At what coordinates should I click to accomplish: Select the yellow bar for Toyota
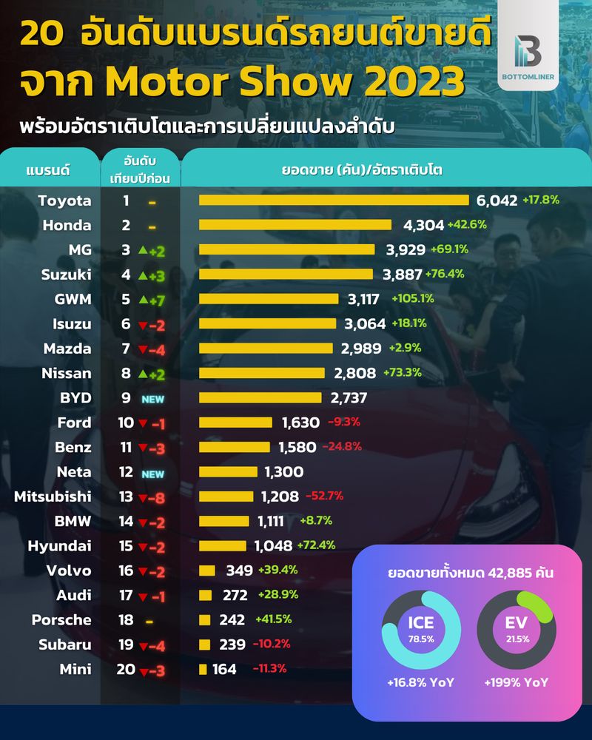pyautogui.click(x=334, y=200)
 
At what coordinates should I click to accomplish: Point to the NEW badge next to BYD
pyautogui.click(x=152, y=398)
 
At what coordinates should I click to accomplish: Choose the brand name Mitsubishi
pyautogui.click(x=53, y=497)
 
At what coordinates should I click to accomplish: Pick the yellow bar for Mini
pyautogui.click(x=203, y=669)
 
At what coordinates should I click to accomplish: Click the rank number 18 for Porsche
pyautogui.click(x=127, y=620)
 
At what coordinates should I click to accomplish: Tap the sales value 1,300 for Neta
pyautogui.click(x=283, y=471)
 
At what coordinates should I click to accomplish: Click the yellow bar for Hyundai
pyautogui.click(x=222, y=545)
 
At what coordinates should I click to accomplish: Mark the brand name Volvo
pyautogui.click(x=68, y=571)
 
